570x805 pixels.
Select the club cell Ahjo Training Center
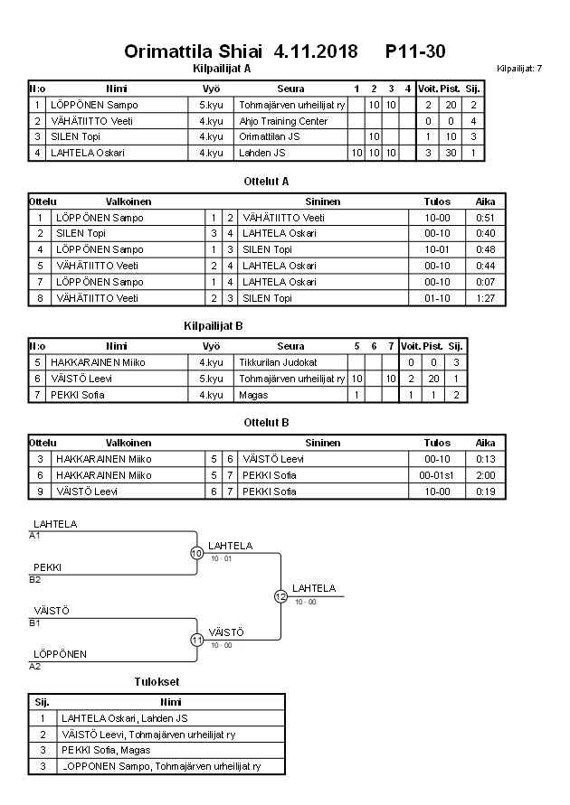tap(283, 121)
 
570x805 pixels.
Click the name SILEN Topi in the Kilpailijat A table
tap(75, 136)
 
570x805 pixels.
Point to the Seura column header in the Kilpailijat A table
tap(291, 89)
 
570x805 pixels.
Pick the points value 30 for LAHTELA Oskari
tap(451, 153)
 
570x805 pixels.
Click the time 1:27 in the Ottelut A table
tap(485, 298)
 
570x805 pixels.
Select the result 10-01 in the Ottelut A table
tap(437, 249)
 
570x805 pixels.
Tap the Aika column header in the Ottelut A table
tap(485, 201)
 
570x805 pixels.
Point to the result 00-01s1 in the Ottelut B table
tap(437, 475)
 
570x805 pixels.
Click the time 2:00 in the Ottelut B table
tap(485, 475)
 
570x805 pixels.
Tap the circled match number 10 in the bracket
tap(196, 553)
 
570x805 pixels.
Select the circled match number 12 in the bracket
tap(280, 596)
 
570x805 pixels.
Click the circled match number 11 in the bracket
tap(196, 640)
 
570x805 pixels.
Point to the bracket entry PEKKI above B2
tap(47, 567)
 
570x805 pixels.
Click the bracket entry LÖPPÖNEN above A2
tap(60, 654)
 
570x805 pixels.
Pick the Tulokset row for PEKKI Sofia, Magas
tap(106, 750)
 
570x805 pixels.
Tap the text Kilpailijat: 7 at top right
tap(519, 69)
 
